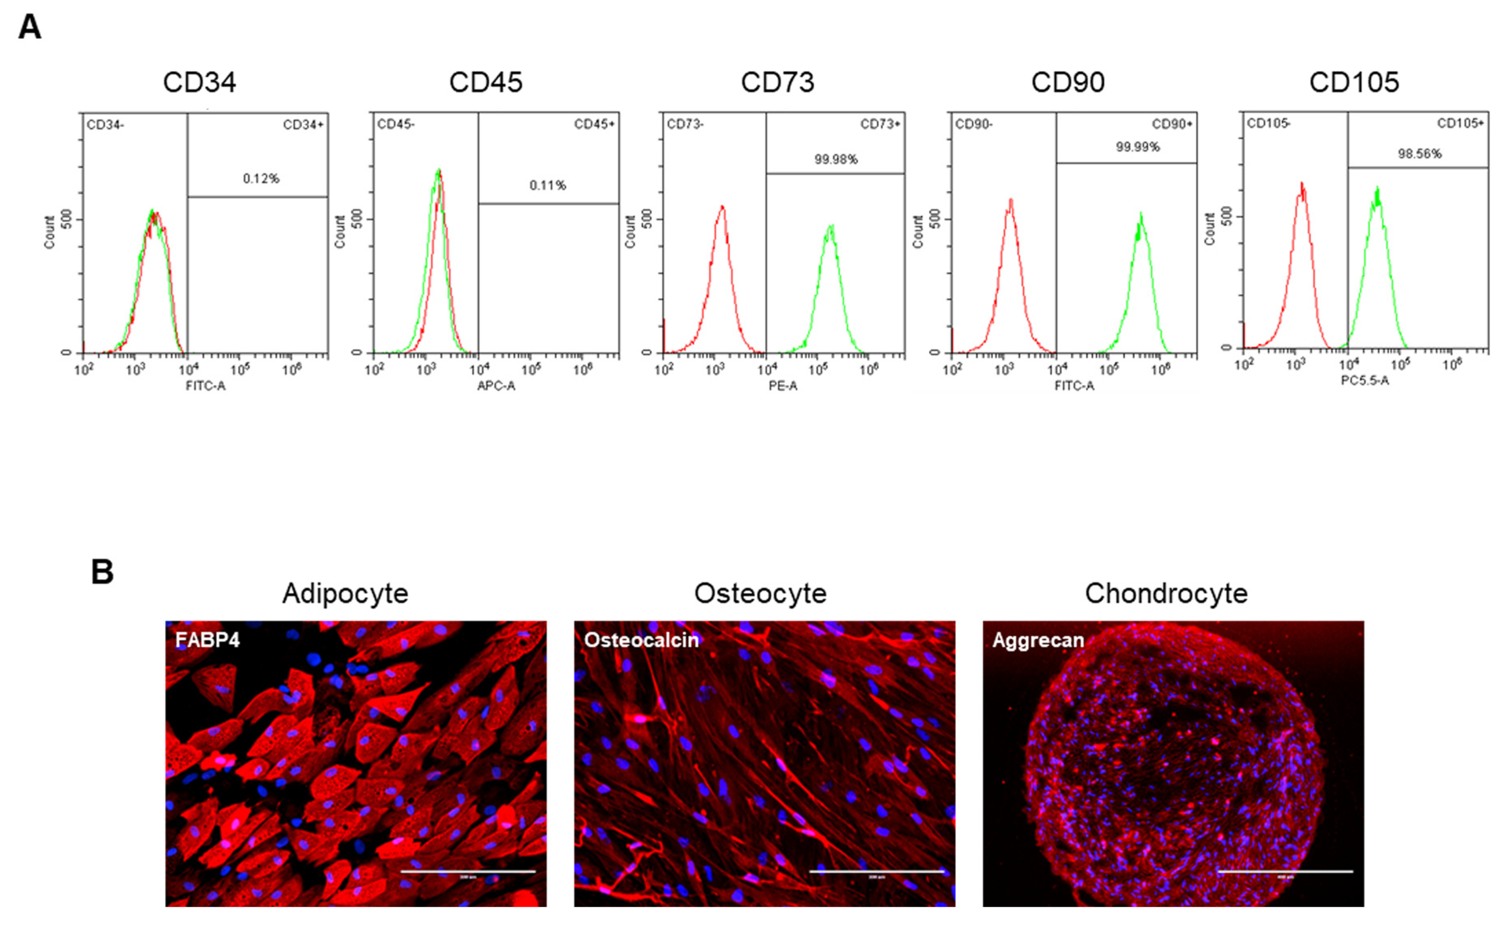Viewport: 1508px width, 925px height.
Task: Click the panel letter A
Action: [30, 28]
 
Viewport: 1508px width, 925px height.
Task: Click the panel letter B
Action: [102, 572]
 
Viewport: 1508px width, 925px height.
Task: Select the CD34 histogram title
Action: [199, 83]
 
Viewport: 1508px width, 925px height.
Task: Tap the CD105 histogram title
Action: [1354, 83]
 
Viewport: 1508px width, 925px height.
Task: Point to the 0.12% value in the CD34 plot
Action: [261, 179]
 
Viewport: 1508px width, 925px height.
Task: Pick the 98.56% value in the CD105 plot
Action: [1419, 154]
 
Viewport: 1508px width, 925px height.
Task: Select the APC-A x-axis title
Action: [496, 386]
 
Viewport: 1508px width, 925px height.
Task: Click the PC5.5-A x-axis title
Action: [1365, 381]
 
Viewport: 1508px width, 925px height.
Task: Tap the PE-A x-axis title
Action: [783, 386]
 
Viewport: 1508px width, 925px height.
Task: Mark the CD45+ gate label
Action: [594, 124]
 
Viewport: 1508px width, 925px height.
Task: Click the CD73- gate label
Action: [685, 124]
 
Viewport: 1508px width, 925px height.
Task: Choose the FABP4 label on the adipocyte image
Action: [208, 640]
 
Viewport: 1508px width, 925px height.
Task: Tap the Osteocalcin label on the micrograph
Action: [641, 640]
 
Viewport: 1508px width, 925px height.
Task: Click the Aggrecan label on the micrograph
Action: [1038, 640]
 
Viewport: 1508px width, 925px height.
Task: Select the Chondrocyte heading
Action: [1166, 593]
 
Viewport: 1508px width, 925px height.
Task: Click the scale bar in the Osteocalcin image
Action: [877, 871]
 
